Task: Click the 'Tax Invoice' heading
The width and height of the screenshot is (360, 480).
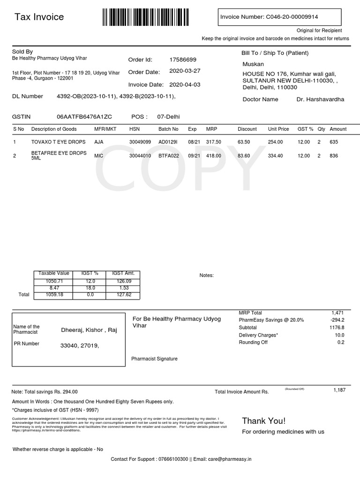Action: point(39,17)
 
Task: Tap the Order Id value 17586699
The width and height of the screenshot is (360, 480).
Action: point(183,60)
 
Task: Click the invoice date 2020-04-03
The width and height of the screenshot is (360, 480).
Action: point(184,85)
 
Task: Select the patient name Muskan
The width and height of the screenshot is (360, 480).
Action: point(253,64)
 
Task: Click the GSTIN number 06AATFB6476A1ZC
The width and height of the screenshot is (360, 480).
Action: point(84,117)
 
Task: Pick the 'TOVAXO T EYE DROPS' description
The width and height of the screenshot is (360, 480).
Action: point(59,142)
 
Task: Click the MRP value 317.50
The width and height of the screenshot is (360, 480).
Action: point(214,142)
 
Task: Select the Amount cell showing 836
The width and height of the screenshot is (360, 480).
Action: point(334,156)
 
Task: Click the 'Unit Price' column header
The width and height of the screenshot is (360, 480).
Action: point(278,129)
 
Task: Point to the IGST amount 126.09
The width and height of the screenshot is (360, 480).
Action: point(123,281)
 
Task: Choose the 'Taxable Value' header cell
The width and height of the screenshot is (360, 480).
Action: point(54,273)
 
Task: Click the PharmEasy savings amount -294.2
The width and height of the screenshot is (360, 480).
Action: point(337,320)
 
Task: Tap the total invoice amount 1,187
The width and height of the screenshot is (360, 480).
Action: point(339,390)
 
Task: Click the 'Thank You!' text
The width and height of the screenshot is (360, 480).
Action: point(263,420)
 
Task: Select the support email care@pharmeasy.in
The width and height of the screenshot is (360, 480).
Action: point(229,459)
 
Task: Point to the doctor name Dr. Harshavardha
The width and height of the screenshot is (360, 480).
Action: point(321,99)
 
